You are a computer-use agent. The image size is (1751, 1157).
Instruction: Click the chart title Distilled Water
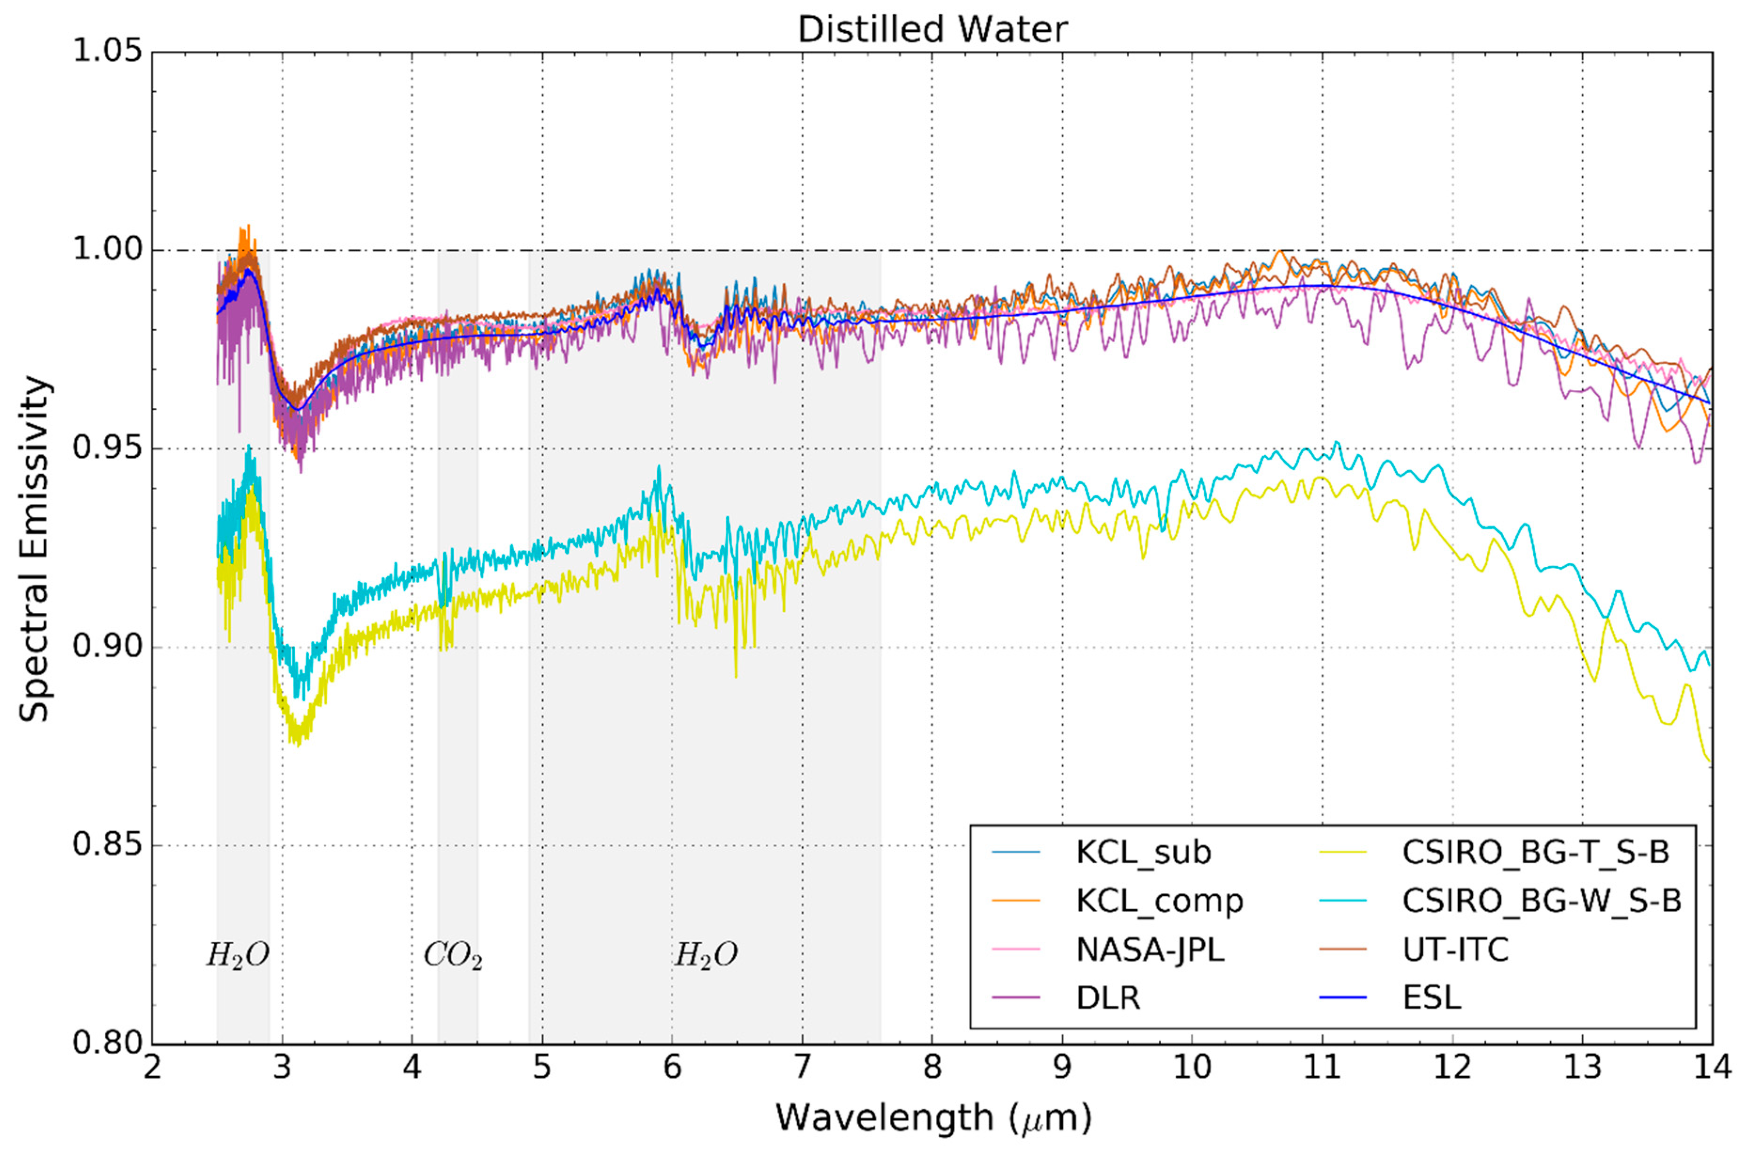coord(932,30)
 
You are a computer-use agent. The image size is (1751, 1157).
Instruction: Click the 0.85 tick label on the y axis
coord(107,845)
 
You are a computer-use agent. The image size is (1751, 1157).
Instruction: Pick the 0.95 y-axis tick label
coord(107,449)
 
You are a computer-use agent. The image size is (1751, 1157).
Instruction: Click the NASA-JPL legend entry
coord(1150,950)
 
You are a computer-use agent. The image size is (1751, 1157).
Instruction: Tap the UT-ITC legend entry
coord(1455,950)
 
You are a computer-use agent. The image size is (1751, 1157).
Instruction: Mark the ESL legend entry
coord(1431,998)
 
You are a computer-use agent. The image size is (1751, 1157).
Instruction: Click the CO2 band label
coord(452,955)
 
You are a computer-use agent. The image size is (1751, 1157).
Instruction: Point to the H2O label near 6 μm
coord(706,955)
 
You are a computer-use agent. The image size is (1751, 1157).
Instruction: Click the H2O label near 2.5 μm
coord(237,955)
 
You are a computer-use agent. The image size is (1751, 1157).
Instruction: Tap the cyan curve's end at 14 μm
coord(1709,664)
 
